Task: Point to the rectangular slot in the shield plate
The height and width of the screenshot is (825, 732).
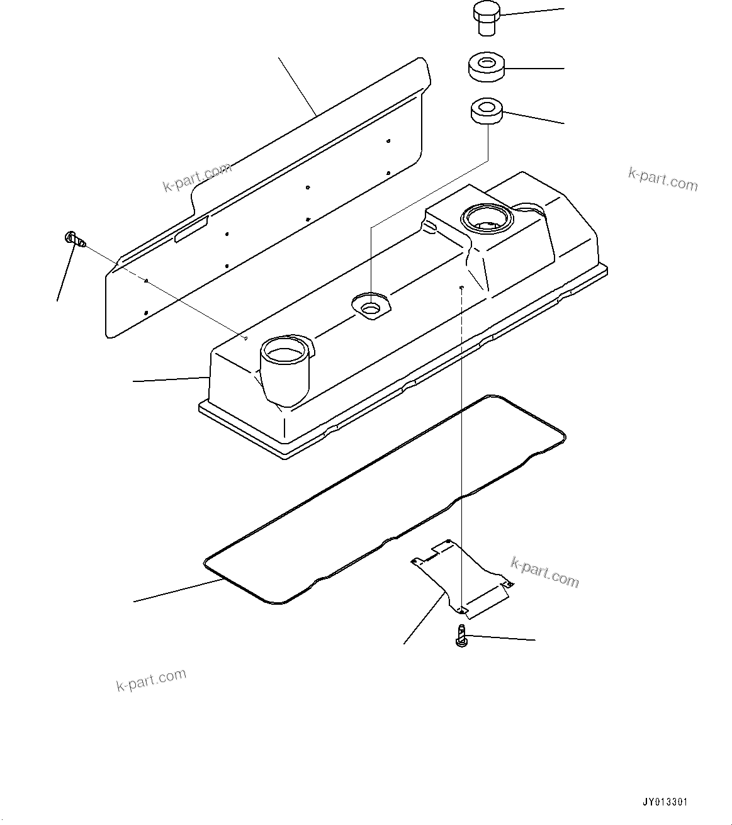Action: (x=191, y=229)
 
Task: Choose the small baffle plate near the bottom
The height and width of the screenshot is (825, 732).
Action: (x=463, y=576)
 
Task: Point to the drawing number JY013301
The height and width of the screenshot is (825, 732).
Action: (x=665, y=802)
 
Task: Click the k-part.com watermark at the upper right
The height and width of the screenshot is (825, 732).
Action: (x=663, y=180)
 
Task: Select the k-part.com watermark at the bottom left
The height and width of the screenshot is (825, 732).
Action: (x=151, y=680)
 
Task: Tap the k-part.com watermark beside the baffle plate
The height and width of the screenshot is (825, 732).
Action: (x=544, y=571)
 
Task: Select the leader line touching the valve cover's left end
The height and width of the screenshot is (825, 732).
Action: (x=170, y=379)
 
